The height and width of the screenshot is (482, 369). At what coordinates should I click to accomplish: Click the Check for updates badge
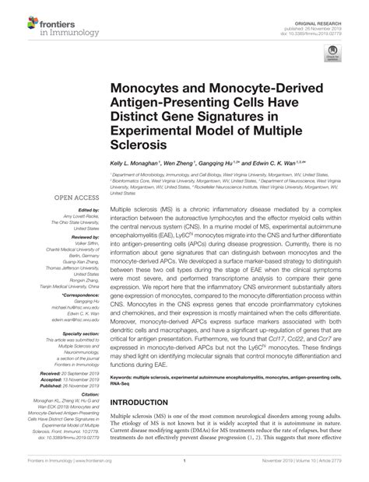[x=336, y=53]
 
